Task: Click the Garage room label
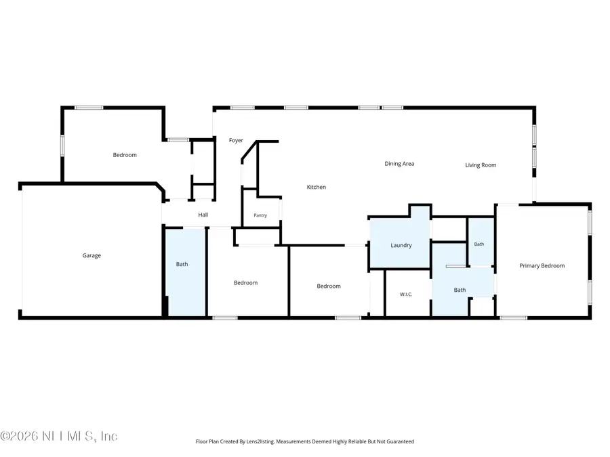(x=91, y=255)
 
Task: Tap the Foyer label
(x=236, y=140)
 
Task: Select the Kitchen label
(x=317, y=187)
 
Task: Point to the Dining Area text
(x=399, y=164)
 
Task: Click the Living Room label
(x=481, y=165)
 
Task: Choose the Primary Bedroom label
(x=542, y=266)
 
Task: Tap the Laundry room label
(x=401, y=245)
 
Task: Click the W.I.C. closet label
(x=406, y=295)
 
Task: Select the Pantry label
(x=260, y=215)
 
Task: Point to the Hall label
(x=203, y=215)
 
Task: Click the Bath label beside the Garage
(x=182, y=264)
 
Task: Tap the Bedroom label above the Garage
(x=125, y=155)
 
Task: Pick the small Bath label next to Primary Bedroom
(x=479, y=244)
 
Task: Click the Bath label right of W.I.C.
(x=460, y=290)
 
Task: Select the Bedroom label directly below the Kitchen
(x=328, y=286)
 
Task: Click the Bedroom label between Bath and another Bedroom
(x=245, y=283)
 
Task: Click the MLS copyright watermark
(x=59, y=436)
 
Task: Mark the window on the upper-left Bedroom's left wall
(x=62, y=146)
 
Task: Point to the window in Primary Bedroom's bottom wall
(x=514, y=318)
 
